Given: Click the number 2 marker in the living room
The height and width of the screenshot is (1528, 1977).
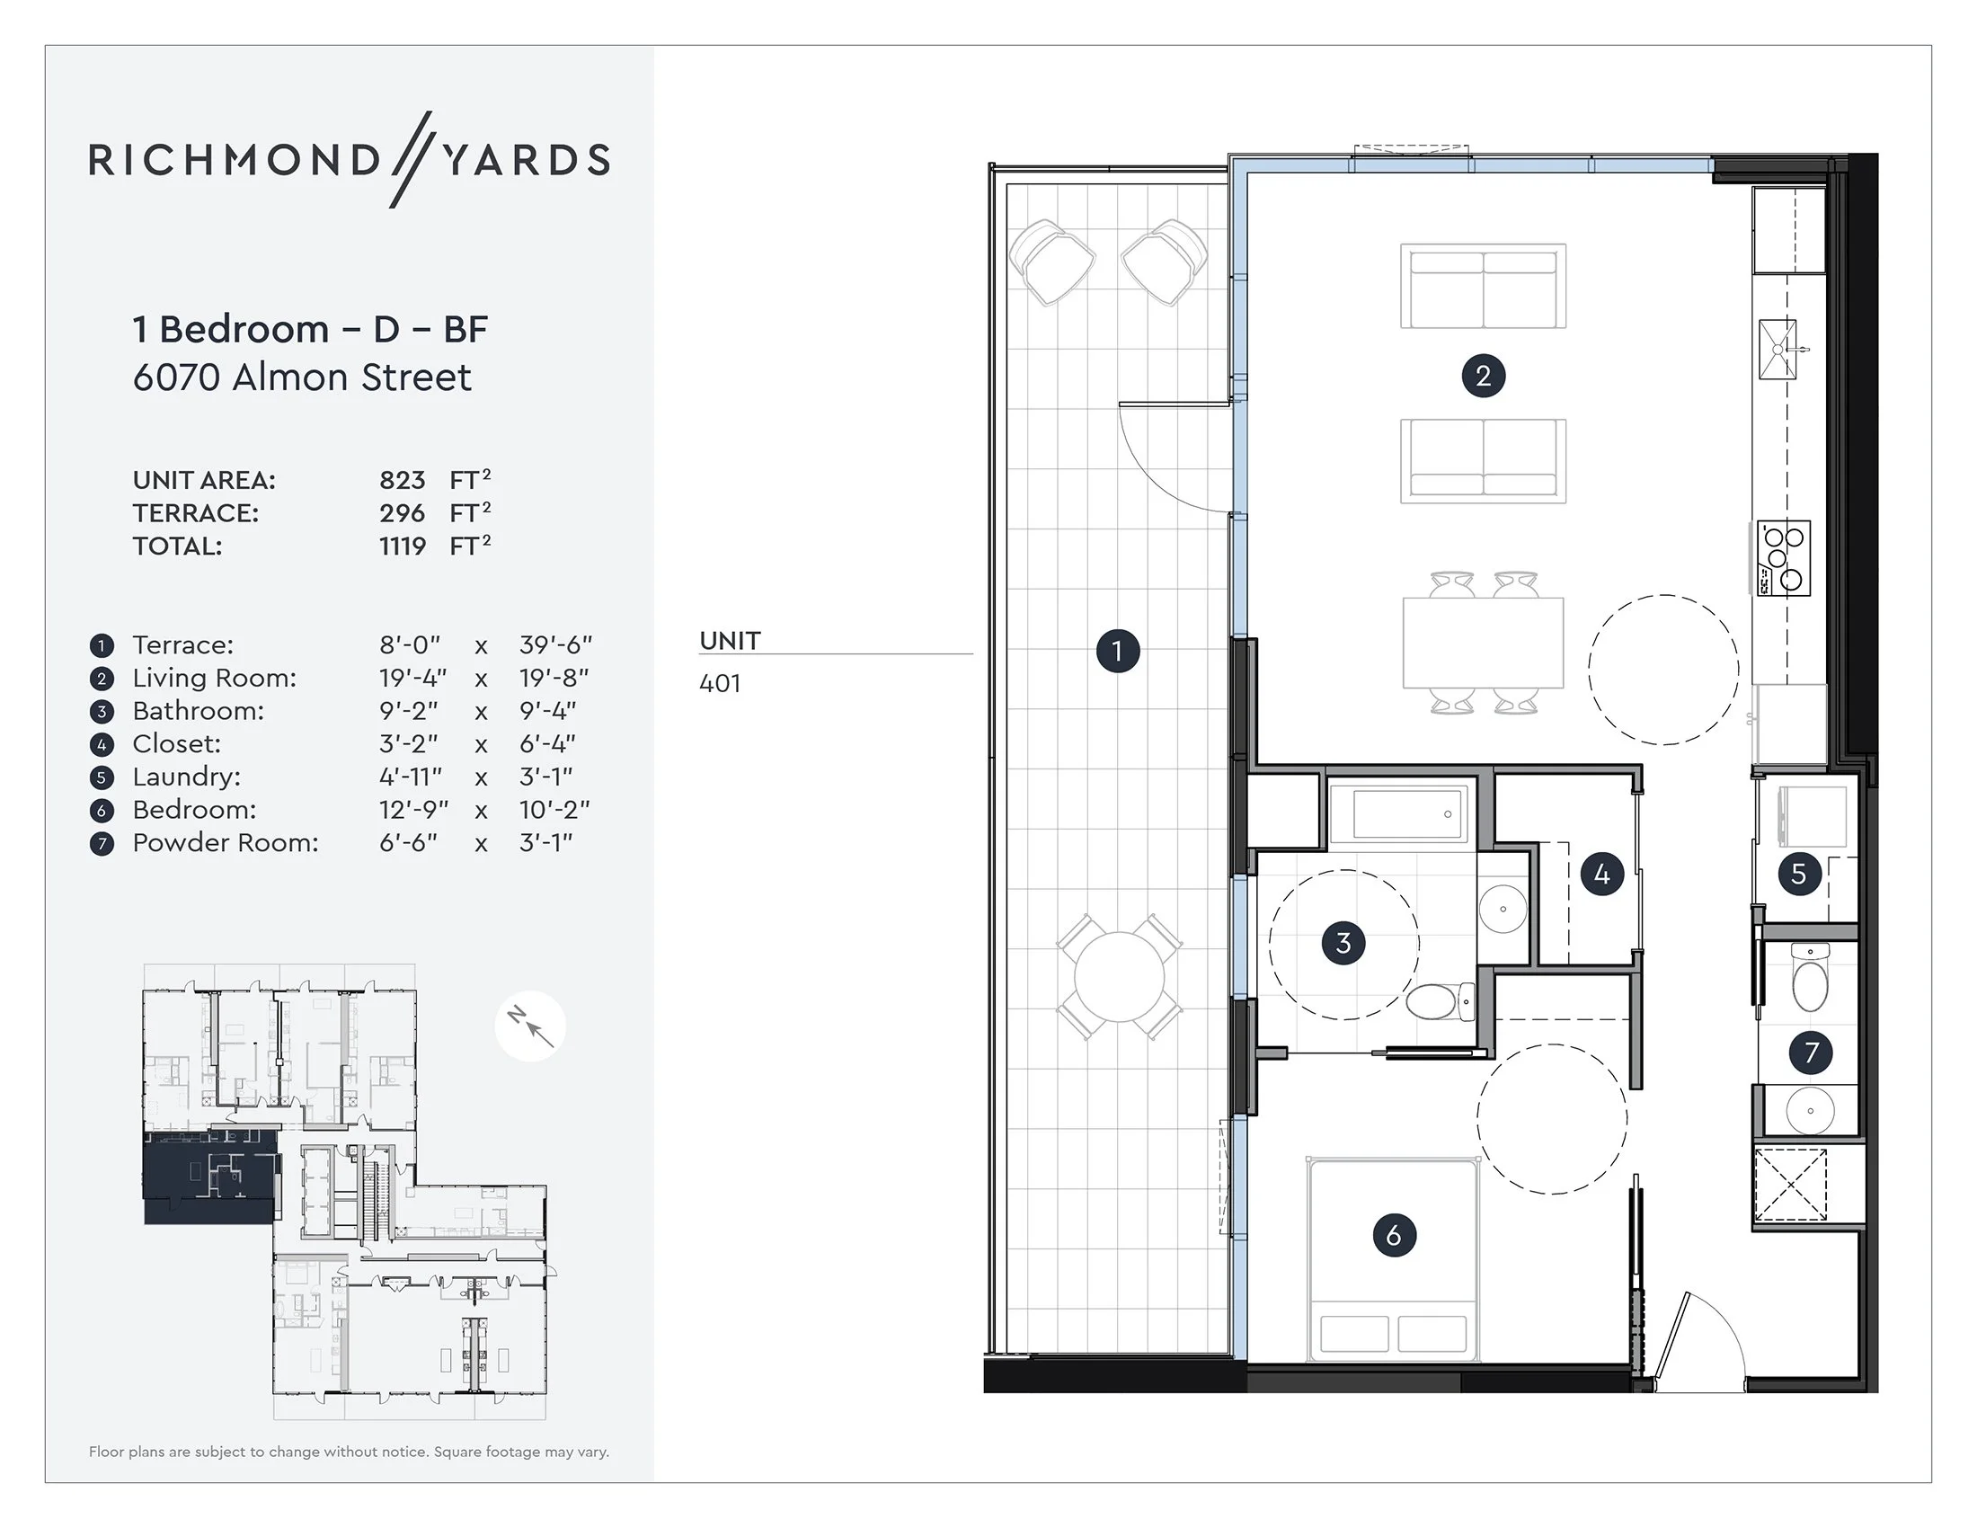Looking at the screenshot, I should [x=1483, y=376].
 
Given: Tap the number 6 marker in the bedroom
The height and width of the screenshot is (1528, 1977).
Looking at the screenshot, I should [x=1394, y=1235].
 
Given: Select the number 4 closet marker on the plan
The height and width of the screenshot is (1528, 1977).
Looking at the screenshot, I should [x=1601, y=875].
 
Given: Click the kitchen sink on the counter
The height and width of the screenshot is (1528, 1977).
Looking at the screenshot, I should [x=1777, y=349].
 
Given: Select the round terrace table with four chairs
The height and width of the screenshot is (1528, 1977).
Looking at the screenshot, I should [x=1120, y=978].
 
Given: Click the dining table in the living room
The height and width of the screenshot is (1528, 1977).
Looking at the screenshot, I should [x=1483, y=643].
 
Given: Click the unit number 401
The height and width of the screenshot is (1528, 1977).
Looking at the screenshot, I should [x=720, y=683].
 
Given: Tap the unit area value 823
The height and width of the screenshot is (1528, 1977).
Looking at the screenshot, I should [x=402, y=480].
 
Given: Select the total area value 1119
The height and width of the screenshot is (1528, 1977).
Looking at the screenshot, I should [x=402, y=546].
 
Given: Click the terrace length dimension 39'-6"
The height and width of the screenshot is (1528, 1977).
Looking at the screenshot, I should [x=554, y=645].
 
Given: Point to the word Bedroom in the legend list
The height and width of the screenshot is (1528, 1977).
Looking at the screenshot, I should [x=195, y=810].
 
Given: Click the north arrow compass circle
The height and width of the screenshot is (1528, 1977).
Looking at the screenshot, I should [x=530, y=1026].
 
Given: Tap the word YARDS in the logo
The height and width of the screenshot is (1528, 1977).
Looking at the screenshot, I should [x=527, y=160].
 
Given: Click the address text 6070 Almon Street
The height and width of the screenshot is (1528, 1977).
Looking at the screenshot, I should [x=301, y=378].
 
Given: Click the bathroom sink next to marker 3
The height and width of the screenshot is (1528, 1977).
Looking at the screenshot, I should [x=1503, y=908].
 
